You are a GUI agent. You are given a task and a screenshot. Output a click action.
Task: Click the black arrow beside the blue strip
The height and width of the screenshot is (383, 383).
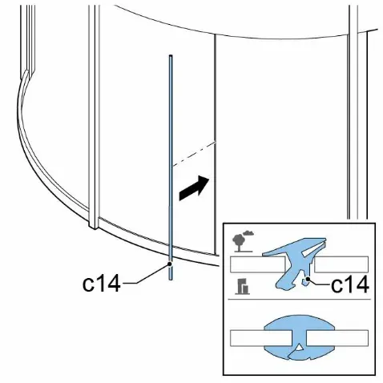pyautogui.click(x=194, y=187)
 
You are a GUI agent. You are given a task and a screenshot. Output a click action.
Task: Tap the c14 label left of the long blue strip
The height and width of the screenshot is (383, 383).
pyautogui.click(x=102, y=284)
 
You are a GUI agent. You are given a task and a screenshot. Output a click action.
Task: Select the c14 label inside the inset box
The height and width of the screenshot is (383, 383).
pyautogui.click(x=350, y=284)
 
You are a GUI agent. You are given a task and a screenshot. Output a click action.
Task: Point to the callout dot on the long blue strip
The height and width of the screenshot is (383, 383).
pyautogui.click(x=170, y=264)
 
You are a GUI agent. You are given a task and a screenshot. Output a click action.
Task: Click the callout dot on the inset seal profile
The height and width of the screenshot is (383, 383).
pyautogui.click(x=308, y=279)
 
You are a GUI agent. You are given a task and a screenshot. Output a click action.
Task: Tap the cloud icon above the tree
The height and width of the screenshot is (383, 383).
pyautogui.click(x=248, y=233)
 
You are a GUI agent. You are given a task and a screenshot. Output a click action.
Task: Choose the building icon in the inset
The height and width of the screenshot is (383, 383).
pyautogui.click(x=243, y=286)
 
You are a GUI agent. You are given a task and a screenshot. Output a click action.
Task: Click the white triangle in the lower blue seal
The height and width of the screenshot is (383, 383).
pyautogui.click(x=300, y=348)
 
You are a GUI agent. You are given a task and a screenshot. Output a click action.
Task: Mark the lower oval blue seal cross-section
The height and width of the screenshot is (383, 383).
pyautogui.click(x=299, y=337)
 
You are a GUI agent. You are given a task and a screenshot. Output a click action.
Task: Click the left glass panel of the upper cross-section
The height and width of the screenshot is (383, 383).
pyautogui.click(x=258, y=264)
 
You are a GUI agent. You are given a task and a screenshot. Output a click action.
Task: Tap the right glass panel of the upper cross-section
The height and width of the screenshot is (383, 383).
pyautogui.click(x=341, y=264)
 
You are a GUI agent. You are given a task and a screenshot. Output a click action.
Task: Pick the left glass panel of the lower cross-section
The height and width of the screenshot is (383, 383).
pyautogui.click(x=260, y=338)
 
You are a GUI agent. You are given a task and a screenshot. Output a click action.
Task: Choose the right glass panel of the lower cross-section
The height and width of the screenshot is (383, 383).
pyautogui.click(x=337, y=338)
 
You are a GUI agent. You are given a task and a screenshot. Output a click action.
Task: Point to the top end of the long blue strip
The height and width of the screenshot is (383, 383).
pyautogui.click(x=171, y=56)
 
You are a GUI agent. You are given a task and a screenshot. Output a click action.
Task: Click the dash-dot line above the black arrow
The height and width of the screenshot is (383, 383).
pyautogui.click(x=193, y=154)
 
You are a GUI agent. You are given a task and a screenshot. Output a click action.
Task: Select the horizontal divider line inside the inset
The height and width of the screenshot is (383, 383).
pyautogui.click(x=299, y=300)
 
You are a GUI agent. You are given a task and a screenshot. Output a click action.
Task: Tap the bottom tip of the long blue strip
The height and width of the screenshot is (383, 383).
pyautogui.click(x=170, y=280)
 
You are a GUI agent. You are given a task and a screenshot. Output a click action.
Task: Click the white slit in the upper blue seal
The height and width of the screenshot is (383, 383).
pyautogui.click(x=311, y=251)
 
